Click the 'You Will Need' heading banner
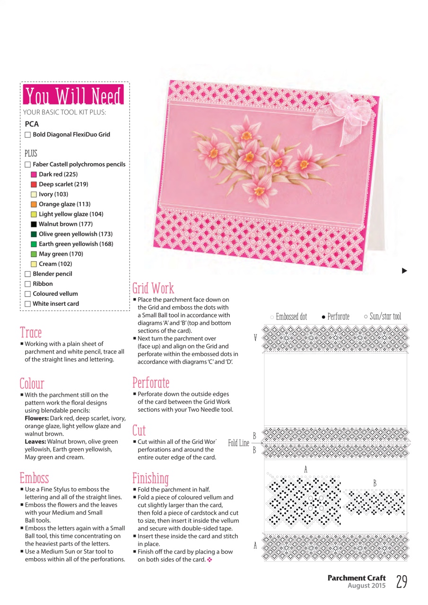tap(73, 95)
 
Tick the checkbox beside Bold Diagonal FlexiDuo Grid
tap(28, 135)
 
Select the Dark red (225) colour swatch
tap(34, 174)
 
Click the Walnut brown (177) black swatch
tap(34, 224)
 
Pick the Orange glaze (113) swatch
tap(34, 204)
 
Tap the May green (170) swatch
tap(34, 254)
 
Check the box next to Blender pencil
tap(28, 274)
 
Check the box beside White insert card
tap(28, 304)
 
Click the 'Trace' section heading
tap(31, 332)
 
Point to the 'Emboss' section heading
tap(34, 478)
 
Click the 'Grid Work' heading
tap(153, 288)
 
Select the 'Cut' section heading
tap(139, 430)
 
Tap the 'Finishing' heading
tap(150, 478)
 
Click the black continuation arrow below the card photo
tap(404, 271)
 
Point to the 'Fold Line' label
tap(238, 443)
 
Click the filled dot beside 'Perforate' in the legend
tap(323, 317)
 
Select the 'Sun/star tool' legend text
tap(385, 317)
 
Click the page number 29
tap(402, 582)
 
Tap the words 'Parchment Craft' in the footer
tap(357, 578)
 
